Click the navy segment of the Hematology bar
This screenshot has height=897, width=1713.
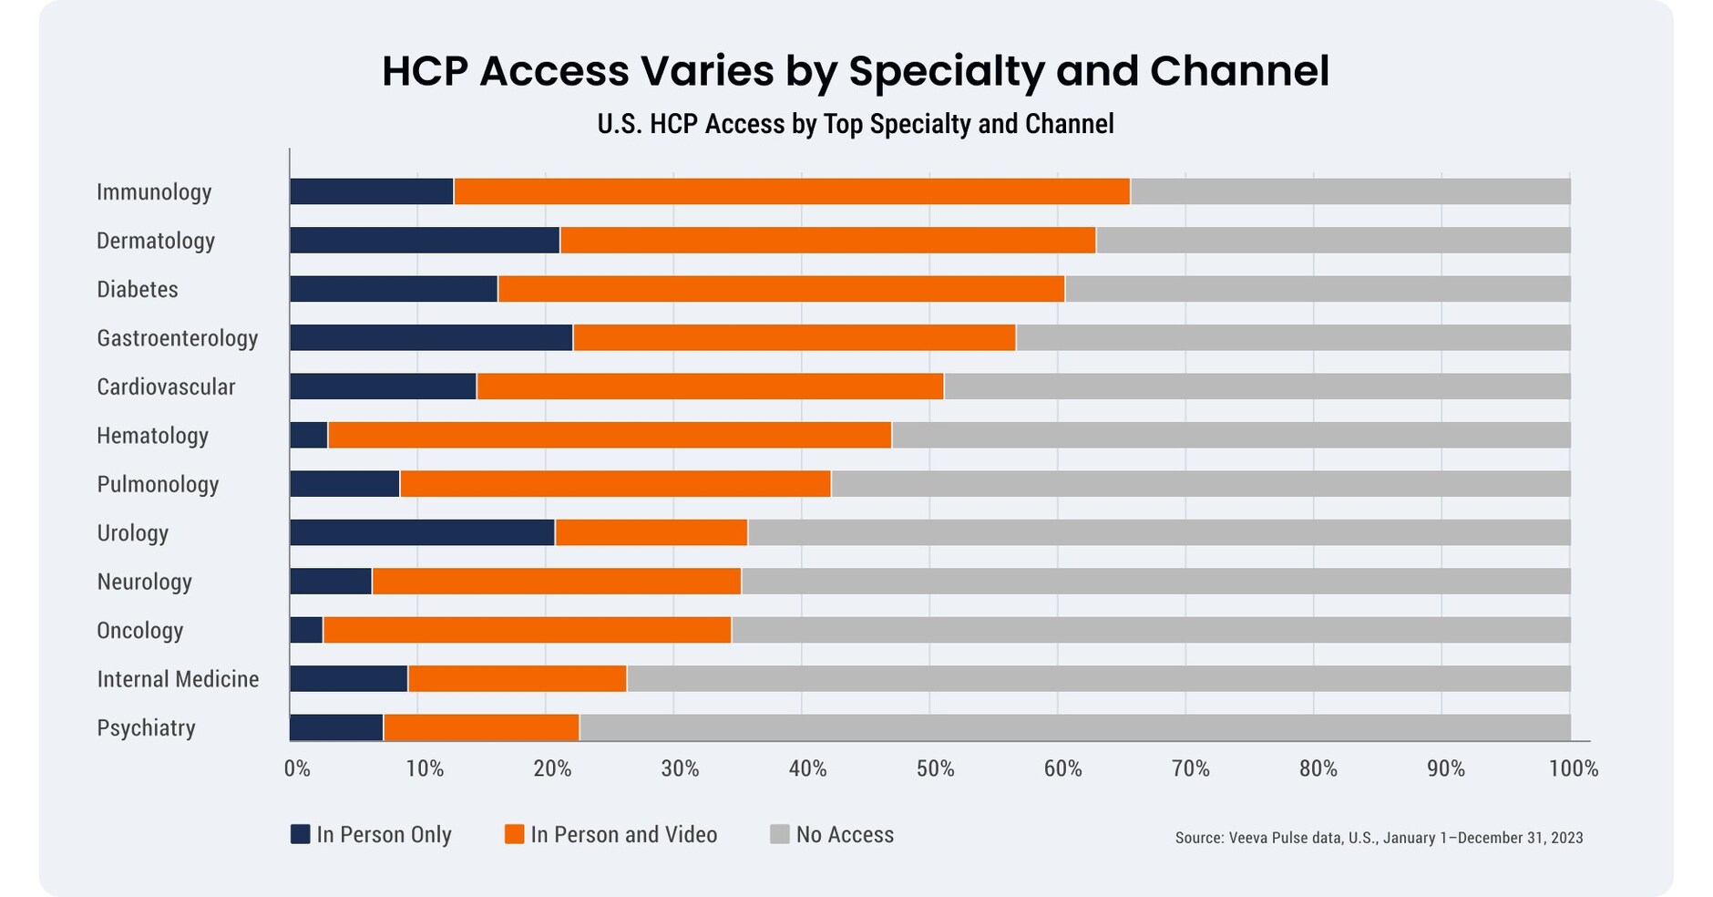click(309, 435)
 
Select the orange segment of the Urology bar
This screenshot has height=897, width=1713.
click(651, 532)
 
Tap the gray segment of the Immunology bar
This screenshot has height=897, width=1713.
click(1349, 191)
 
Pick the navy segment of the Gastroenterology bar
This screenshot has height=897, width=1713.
click(431, 337)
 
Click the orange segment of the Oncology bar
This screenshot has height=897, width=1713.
click(527, 630)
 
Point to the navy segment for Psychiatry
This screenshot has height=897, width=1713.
click(336, 727)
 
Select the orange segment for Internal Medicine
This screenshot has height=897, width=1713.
click(517, 679)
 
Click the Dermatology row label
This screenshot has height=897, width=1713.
click(156, 241)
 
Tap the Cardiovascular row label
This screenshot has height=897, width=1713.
click(166, 387)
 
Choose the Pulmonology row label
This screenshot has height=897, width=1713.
click(158, 484)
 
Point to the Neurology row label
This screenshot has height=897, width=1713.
click(144, 582)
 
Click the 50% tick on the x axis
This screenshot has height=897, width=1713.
click(935, 768)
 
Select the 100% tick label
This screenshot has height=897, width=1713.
click(1574, 768)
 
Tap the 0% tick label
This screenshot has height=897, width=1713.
click(297, 768)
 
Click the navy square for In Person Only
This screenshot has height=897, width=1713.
click(300, 834)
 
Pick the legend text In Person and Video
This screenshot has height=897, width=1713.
click(623, 834)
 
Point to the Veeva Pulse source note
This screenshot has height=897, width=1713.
click(1379, 838)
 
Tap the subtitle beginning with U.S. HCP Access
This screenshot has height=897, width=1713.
click(855, 124)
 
